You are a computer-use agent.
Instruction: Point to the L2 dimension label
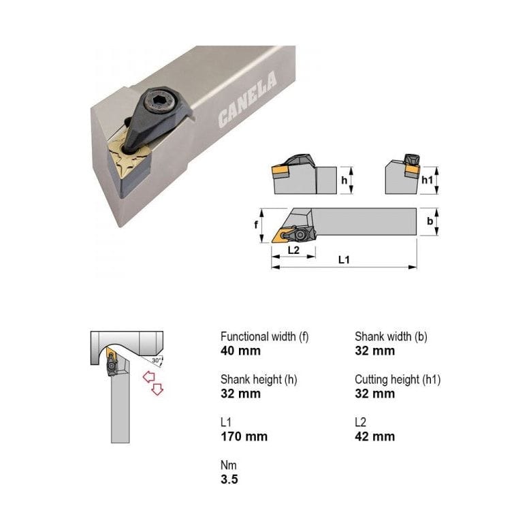click(293, 250)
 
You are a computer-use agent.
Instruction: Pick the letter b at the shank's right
click(430, 222)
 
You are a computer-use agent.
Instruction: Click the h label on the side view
click(344, 180)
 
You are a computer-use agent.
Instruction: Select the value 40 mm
click(240, 351)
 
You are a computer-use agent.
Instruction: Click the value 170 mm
click(244, 436)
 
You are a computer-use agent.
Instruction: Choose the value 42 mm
click(374, 436)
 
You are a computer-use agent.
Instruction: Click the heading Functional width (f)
click(264, 336)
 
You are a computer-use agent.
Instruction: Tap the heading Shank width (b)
click(391, 336)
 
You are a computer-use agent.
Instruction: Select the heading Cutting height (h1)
click(398, 379)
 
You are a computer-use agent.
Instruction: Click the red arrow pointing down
click(157, 389)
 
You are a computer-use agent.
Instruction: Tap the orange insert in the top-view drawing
click(280, 236)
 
